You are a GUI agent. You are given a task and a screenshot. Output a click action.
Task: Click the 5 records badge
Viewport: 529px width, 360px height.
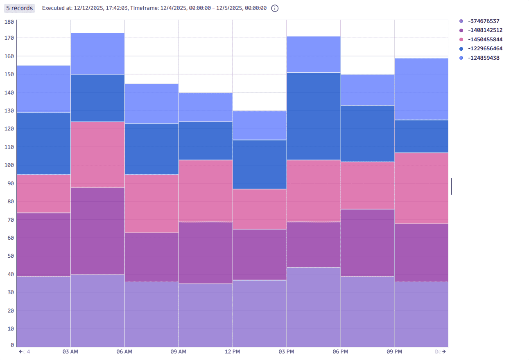click(19, 8)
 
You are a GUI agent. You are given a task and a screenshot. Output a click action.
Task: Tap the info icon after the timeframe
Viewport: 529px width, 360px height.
click(275, 8)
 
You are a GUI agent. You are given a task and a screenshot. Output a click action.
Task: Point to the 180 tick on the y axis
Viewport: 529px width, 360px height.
click(9, 22)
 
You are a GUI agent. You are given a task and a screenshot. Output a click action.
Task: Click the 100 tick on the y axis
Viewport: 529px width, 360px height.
click(9, 165)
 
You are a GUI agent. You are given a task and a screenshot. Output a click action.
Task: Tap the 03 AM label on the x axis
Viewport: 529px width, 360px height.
click(70, 352)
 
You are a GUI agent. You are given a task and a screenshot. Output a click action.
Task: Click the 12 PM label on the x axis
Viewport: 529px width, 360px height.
click(233, 352)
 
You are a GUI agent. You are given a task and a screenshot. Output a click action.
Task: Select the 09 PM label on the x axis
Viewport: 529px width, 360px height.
click(394, 352)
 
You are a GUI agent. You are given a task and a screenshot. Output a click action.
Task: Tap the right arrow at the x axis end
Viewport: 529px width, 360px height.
click(444, 352)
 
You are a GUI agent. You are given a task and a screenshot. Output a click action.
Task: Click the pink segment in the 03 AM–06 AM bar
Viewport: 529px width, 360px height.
click(97, 154)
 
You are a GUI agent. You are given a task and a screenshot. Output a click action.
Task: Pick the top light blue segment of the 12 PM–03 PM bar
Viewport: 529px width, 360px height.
click(259, 126)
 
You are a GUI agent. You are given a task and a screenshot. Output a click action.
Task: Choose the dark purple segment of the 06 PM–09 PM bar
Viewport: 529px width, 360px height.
click(367, 243)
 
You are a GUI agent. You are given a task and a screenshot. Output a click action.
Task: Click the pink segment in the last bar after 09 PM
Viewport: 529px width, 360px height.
click(421, 188)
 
